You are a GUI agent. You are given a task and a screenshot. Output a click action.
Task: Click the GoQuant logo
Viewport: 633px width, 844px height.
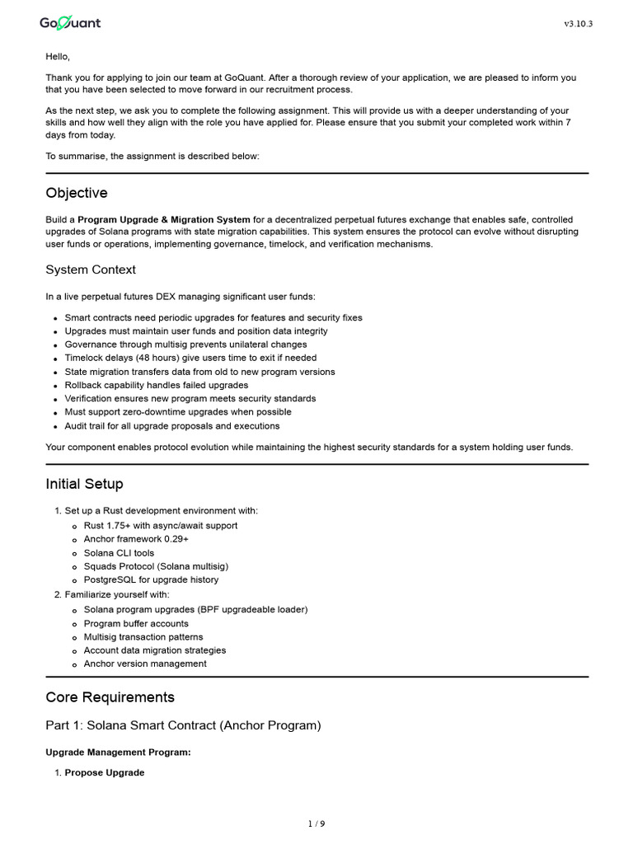point(70,23)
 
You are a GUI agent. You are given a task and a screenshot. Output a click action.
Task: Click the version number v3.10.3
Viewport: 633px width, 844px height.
point(578,24)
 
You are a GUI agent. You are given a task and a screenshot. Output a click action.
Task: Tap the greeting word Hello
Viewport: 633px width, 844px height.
point(58,56)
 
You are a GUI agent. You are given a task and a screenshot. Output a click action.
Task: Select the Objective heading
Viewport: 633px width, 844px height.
point(77,193)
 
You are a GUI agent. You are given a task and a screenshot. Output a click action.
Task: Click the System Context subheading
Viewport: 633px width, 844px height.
point(91,270)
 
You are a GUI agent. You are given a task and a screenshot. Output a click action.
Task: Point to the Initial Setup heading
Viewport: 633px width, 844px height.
point(84,484)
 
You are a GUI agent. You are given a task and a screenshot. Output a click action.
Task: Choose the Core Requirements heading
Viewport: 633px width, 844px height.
point(110,697)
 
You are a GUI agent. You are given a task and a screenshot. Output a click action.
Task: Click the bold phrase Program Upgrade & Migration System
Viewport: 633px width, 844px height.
point(164,220)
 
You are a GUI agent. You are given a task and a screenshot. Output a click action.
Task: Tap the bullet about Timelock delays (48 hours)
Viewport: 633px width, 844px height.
point(190,358)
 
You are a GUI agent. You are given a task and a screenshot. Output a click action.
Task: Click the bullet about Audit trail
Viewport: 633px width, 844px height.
point(172,426)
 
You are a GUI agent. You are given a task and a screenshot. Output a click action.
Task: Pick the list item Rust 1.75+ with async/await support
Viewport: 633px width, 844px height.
point(161,525)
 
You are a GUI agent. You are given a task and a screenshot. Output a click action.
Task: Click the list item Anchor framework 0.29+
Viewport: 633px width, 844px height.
point(136,539)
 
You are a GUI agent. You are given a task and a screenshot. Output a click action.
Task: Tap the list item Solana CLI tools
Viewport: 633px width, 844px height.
point(119,553)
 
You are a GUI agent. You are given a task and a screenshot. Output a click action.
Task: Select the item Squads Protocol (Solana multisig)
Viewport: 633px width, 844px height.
point(156,566)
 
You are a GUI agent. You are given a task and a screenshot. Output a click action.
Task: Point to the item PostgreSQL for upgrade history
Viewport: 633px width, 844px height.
point(151,579)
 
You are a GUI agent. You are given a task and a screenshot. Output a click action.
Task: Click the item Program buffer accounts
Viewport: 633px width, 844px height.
point(136,623)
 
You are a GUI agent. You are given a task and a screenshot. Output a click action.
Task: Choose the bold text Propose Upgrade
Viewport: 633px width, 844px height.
point(105,772)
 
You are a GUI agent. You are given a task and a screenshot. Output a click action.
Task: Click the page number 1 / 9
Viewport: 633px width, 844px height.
point(316,823)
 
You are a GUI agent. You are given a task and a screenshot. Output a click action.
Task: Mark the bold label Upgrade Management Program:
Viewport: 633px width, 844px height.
point(118,753)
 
